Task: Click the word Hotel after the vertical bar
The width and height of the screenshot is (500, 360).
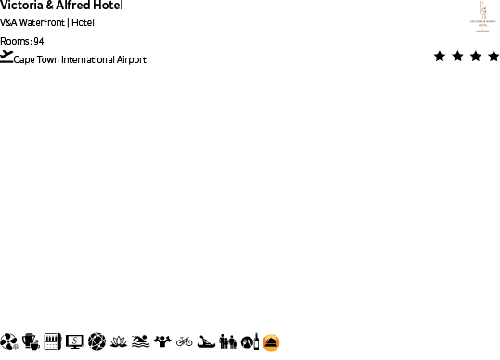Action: (83, 23)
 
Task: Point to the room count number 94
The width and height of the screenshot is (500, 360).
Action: (38, 41)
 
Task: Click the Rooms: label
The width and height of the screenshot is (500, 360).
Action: (16, 41)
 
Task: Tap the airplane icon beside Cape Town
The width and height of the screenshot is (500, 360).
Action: (7, 58)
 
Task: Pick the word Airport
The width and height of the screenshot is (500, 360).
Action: (132, 60)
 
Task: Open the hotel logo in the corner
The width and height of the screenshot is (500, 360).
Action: (481, 17)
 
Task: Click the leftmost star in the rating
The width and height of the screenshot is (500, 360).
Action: (440, 57)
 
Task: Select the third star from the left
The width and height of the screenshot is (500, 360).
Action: (476, 57)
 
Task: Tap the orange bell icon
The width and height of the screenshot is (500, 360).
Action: (271, 342)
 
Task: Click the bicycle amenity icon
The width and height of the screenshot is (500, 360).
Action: (185, 342)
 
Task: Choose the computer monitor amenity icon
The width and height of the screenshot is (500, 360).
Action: (75, 342)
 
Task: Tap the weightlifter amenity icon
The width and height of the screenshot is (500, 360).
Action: (162, 342)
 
